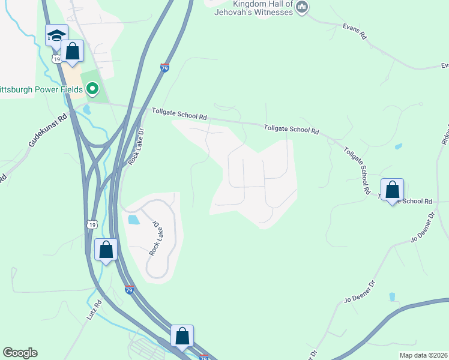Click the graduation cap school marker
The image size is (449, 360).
(x=56, y=36)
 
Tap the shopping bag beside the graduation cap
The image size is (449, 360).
(x=73, y=52)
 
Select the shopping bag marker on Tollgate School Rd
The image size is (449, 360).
(x=392, y=190)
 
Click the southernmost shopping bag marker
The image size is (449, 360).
(x=182, y=337)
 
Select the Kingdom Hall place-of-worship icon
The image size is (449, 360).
(x=302, y=8)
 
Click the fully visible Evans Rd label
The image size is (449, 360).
(x=355, y=32)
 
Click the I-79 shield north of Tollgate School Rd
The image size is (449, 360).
(x=165, y=67)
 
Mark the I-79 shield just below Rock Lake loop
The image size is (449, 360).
(x=130, y=290)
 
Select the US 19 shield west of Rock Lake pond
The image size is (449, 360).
(x=91, y=224)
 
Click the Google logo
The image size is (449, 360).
(x=20, y=353)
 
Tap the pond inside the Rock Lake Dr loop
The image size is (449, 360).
(x=134, y=220)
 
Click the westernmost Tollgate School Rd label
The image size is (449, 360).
(x=179, y=114)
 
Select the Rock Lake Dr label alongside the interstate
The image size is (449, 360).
(x=137, y=148)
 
